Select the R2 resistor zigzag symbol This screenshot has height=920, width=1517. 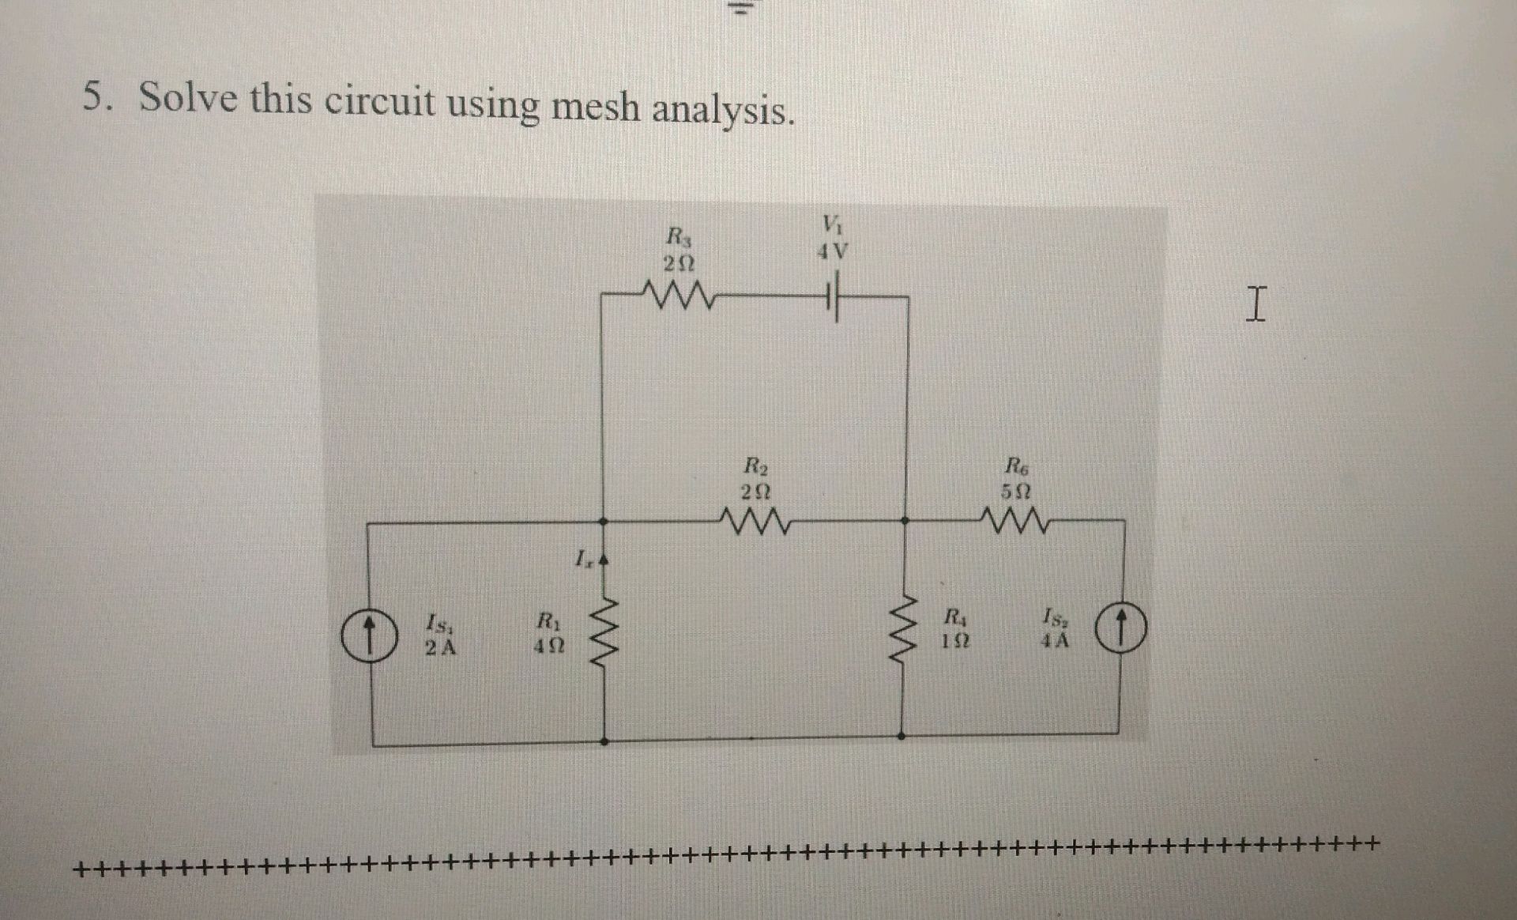pyautogui.click(x=755, y=522)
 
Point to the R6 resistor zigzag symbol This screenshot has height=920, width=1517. pyautogui.click(x=1016, y=522)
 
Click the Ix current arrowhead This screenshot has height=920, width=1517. pyautogui.click(x=604, y=560)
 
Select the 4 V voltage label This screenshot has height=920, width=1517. pyautogui.click(x=832, y=252)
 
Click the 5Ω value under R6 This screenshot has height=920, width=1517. pyautogui.click(x=1016, y=491)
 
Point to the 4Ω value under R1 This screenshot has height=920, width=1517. pyautogui.click(x=548, y=646)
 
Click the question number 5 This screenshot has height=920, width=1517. pyautogui.click(x=95, y=97)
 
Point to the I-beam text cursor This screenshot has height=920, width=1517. pyautogui.click(x=1255, y=305)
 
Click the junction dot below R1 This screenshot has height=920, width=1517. pyautogui.click(x=604, y=741)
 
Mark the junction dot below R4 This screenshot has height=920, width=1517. pyautogui.click(x=902, y=735)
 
